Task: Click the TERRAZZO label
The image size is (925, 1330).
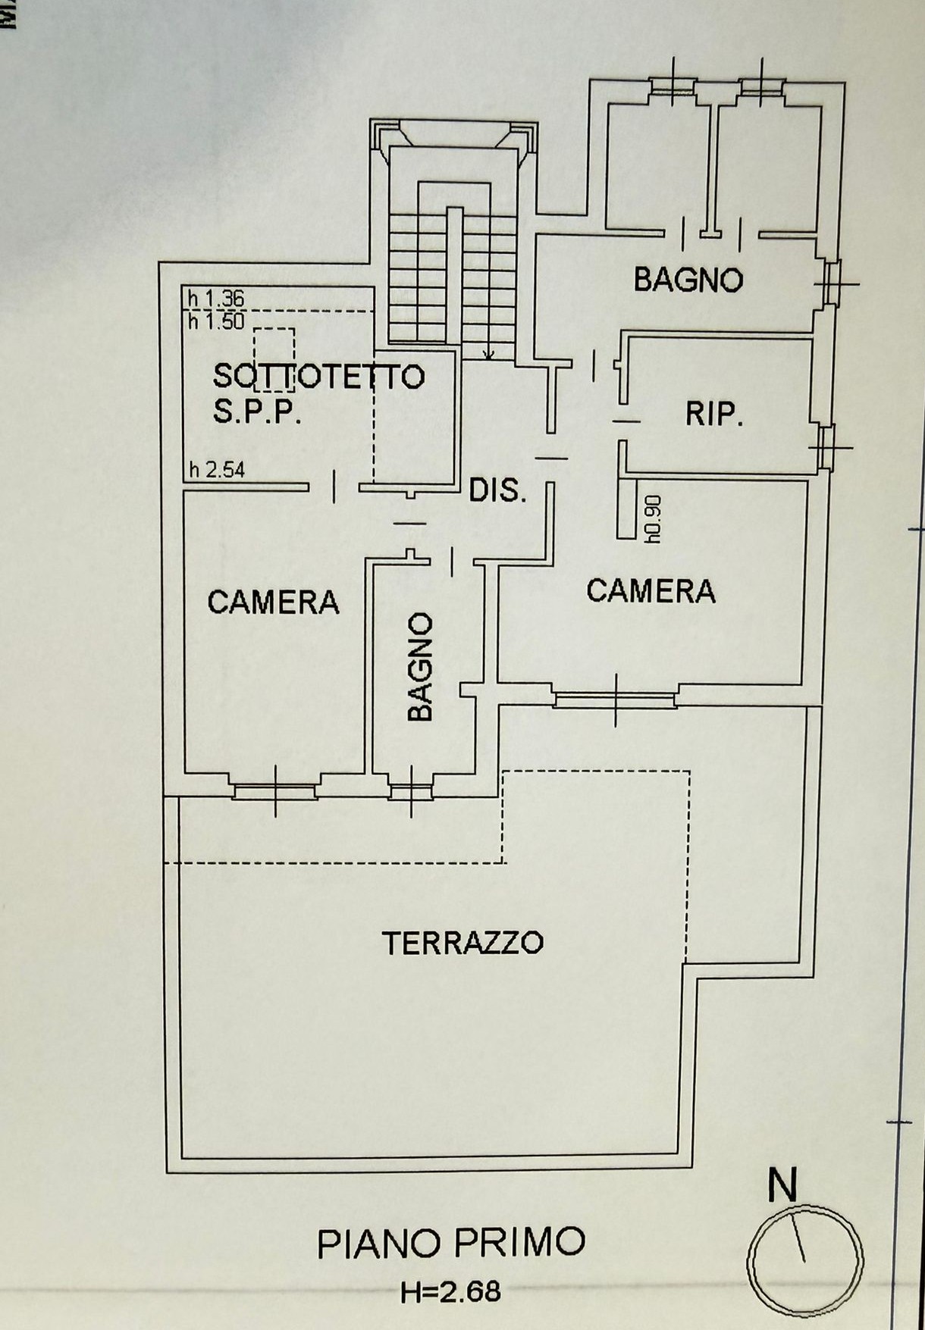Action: click(462, 943)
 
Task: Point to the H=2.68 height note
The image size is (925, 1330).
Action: click(451, 1291)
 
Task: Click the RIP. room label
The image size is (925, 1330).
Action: click(714, 415)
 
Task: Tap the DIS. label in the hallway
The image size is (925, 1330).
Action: click(497, 491)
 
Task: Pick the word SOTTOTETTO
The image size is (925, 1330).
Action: click(318, 376)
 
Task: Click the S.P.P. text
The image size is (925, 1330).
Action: click(258, 413)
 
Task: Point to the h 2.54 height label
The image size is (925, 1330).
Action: click(217, 470)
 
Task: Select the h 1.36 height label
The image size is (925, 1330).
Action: click(217, 299)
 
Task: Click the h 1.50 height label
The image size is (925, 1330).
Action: click(217, 321)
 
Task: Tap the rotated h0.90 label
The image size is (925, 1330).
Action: click(654, 520)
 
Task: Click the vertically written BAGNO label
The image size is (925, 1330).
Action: click(419, 667)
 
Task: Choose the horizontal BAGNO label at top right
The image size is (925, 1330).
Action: click(688, 280)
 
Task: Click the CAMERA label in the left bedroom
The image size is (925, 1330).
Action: click(273, 602)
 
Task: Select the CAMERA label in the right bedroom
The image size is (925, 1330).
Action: click(651, 590)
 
